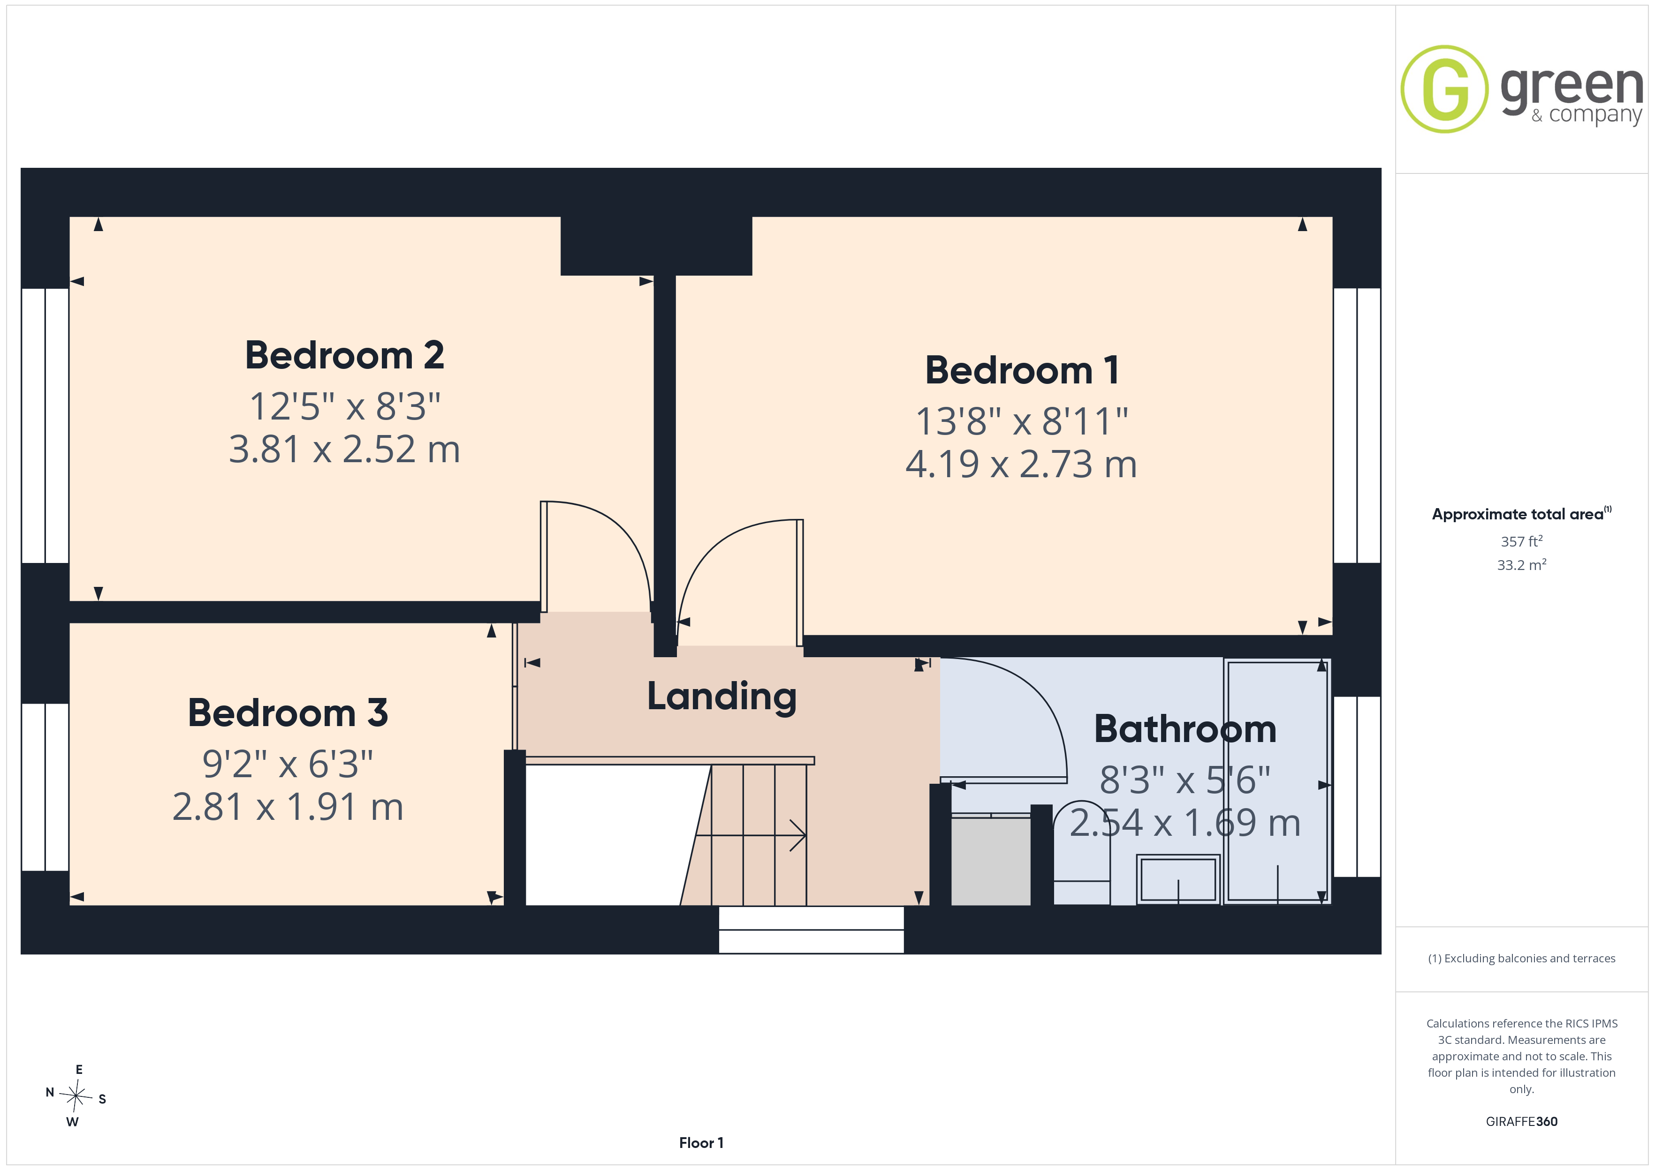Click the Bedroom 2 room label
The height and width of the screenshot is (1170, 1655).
[x=344, y=355]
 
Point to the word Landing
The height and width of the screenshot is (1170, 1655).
[x=721, y=697]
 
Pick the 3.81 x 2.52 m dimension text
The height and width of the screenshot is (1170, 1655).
[x=344, y=449]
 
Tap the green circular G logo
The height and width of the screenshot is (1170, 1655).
[x=1444, y=90]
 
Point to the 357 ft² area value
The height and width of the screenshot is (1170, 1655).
[x=1522, y=541]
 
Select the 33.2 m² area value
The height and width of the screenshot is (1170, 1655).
[x=1522, y=565]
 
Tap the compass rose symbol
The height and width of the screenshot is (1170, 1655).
[x=76, y=1096]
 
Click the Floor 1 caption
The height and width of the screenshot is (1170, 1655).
[x=701, y=1143]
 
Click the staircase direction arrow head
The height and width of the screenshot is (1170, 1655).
[x=799, y=836]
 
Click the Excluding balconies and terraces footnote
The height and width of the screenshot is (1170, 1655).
[x=1522, y=958]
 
